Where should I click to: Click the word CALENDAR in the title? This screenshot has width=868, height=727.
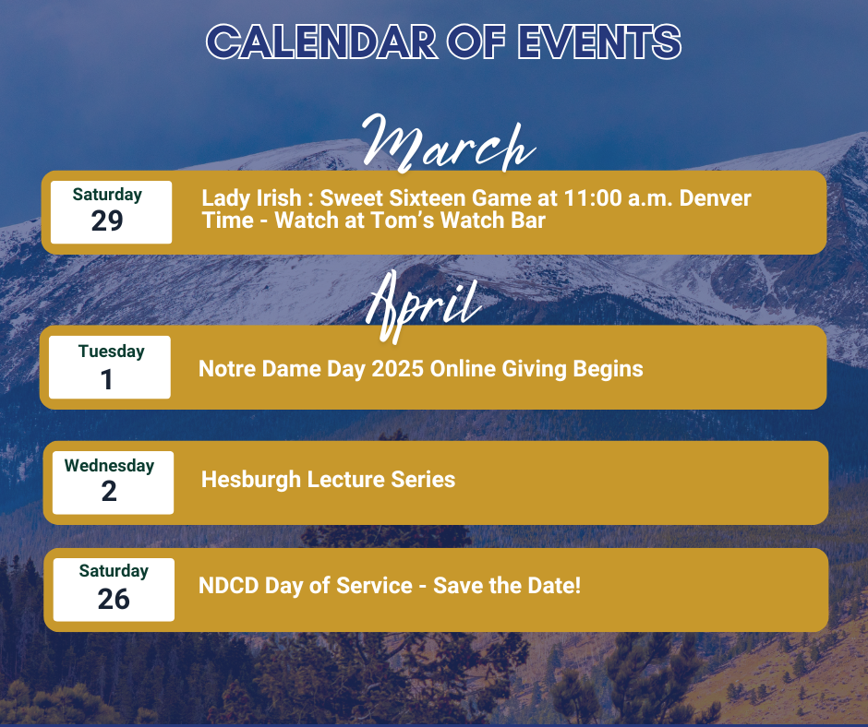321,42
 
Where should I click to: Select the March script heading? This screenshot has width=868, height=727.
449,143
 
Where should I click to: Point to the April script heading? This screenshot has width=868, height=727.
424,306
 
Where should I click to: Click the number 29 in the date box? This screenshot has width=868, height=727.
107,220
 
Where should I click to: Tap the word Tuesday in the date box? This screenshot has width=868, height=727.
111,352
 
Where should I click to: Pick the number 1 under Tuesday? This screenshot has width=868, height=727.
106,380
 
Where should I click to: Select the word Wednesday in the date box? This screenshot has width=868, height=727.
109,466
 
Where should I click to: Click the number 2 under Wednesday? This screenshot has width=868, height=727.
109,492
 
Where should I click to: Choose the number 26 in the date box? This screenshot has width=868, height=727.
114,599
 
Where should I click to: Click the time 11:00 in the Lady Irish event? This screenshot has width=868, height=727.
593,198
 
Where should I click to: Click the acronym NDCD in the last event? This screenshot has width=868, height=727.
229,586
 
